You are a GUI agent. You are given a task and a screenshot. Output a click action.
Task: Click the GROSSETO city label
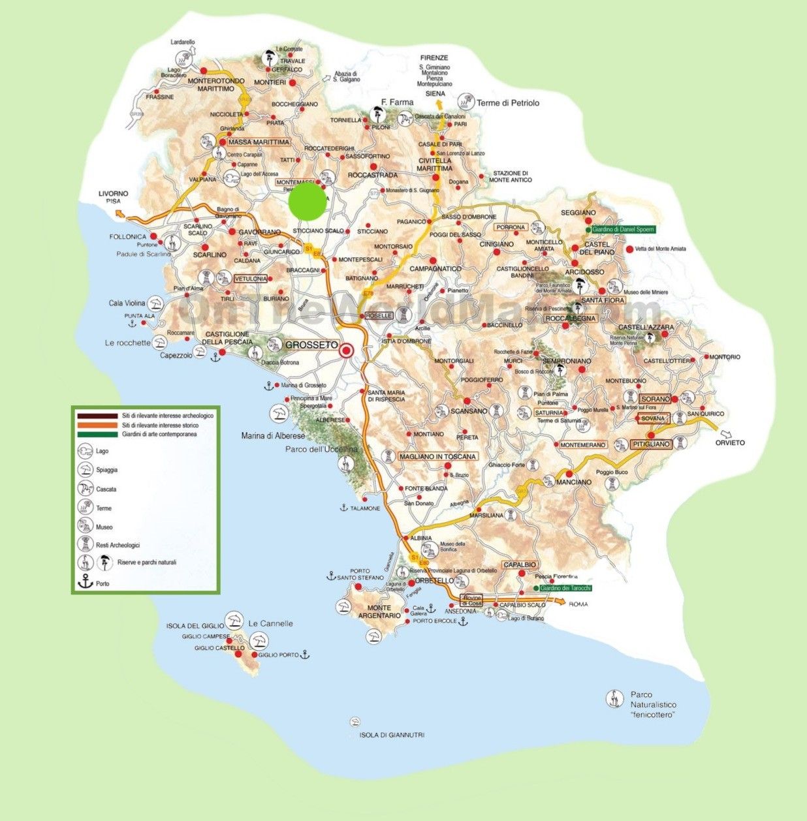[x=311, y=345]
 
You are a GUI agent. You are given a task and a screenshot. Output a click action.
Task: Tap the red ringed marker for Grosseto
[x=347, y=350]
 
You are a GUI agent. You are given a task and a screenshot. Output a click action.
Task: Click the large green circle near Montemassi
[x=307, y=201]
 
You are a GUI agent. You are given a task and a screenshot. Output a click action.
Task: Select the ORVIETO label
[x=729, y=442]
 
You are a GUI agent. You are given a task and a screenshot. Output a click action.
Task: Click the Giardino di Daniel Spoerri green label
[x=622, y=229]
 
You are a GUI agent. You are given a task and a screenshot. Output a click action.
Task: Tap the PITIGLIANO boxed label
[x=651, y=444]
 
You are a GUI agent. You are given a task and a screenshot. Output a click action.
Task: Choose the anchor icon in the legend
[x=86, y=583]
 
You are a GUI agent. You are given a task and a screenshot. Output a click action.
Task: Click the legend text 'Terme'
[x=104, y=508]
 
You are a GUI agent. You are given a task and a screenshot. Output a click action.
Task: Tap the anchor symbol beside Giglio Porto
[x=304, y=654]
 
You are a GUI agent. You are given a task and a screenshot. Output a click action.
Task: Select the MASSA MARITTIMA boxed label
[x=258, y=142]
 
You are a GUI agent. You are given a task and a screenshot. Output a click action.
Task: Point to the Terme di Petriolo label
[x=507, y=102]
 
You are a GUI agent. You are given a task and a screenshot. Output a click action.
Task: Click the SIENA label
[x=435, y=94]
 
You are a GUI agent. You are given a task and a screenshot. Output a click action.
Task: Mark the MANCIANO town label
[x=574, y=482]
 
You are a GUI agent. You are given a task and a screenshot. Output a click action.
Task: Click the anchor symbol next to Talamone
[x=342, y=507]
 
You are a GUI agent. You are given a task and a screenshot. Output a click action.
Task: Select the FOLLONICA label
[x=128, y=236]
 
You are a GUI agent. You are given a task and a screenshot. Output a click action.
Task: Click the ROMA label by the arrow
[x=578, y=604]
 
